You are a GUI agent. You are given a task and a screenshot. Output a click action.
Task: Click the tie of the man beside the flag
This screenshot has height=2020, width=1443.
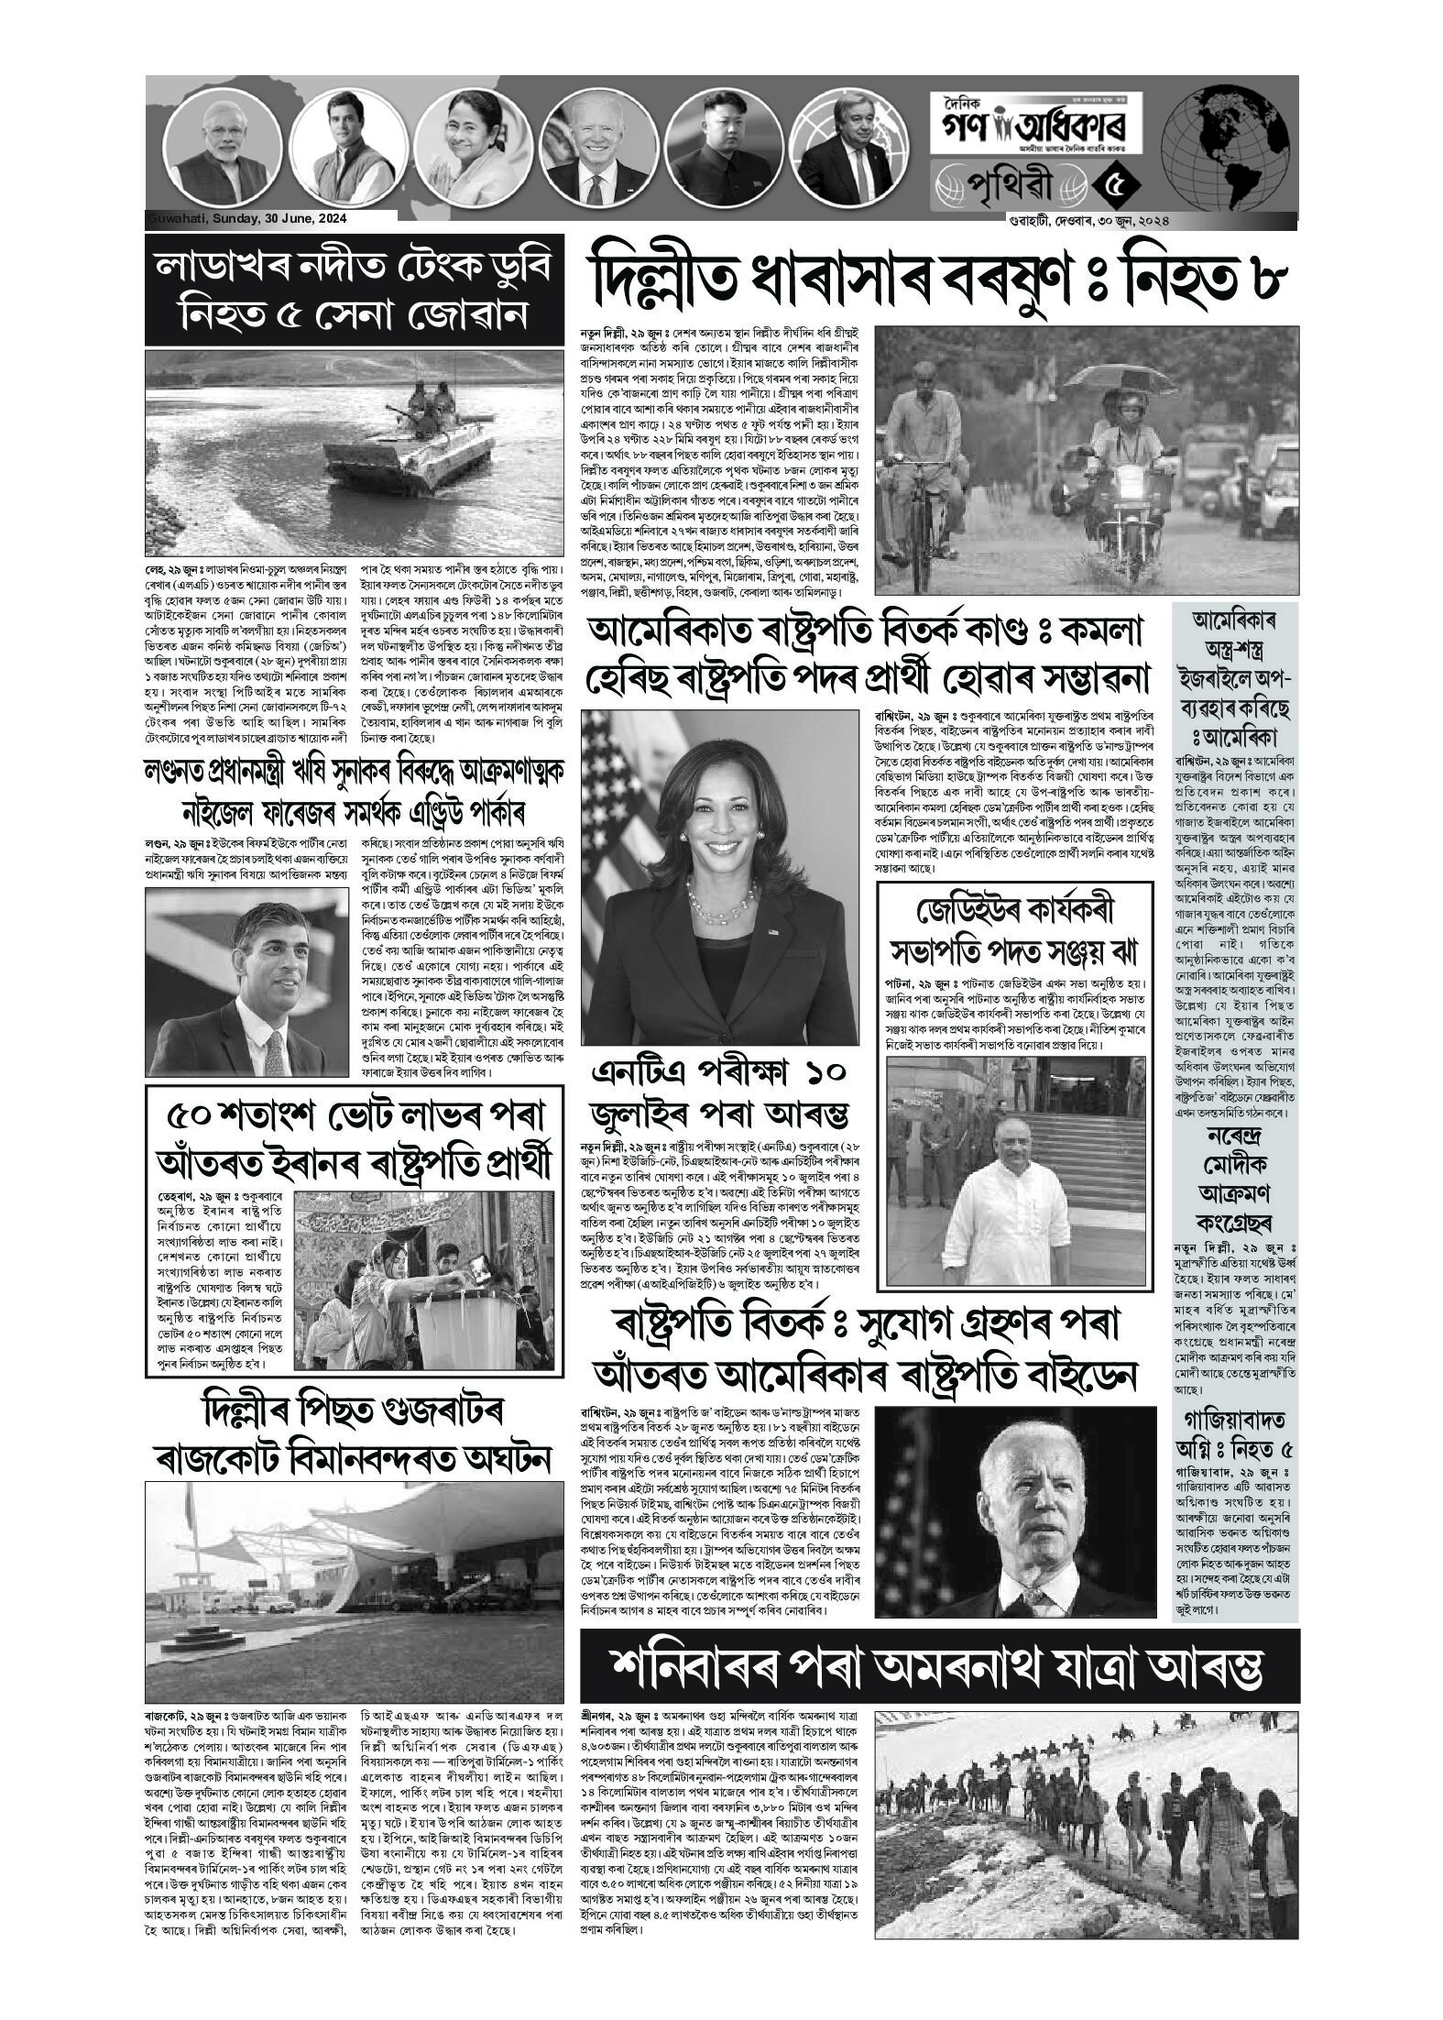273,1042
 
